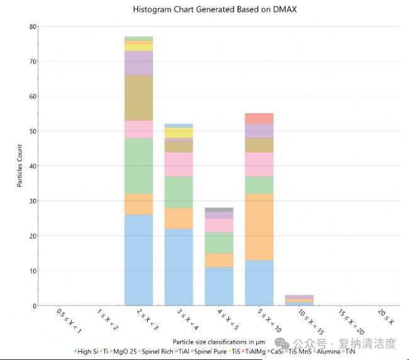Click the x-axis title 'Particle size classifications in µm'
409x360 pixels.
click(219, 341)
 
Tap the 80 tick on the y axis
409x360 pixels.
click(32, 26)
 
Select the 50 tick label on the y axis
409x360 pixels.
click(32, 131)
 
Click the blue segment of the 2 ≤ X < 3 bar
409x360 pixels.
click(138, 260)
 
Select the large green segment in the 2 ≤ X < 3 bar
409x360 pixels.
click(138, 166)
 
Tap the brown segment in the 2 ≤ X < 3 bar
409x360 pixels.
click(138, 98)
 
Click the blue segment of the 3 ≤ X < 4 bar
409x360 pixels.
click(179, 267)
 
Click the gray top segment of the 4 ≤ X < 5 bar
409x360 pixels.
click(218, 210)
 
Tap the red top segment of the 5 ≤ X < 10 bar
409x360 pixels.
click(259, 118)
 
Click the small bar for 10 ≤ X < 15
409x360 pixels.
click(299, 300)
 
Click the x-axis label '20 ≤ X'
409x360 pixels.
click(385, 317)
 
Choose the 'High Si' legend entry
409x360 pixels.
click(86, 351)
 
